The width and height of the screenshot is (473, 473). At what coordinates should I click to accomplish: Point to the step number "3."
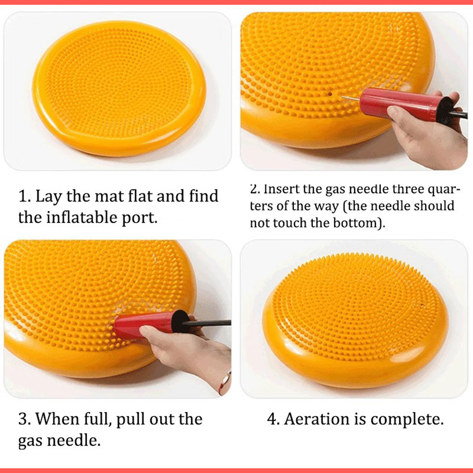(25, 419)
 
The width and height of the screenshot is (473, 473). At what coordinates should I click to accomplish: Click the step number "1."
(25, 196)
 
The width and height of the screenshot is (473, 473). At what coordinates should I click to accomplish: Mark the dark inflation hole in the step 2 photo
(328, 95)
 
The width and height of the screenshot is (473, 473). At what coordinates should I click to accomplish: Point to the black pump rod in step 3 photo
(208, 323)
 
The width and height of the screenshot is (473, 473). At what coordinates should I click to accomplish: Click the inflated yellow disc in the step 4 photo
(355, 322)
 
